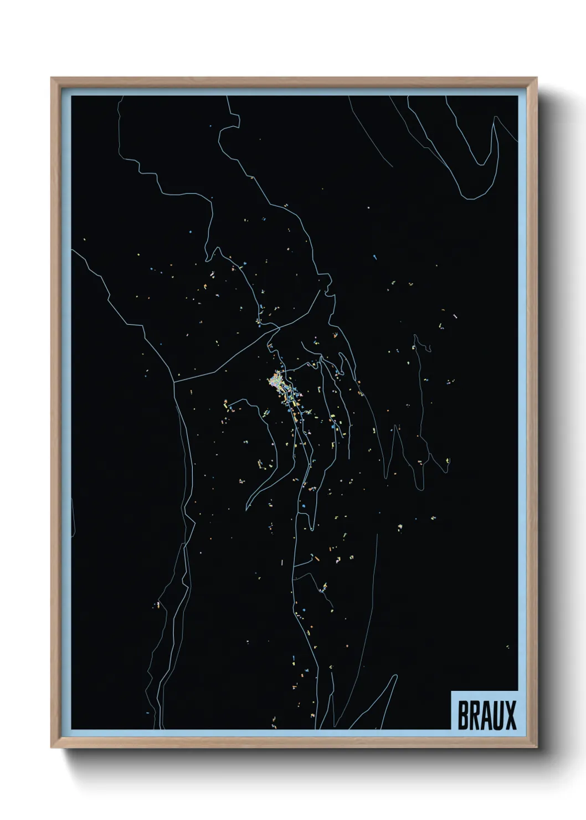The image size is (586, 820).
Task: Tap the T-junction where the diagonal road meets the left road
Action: (175, 381)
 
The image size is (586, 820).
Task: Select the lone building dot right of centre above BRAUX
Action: (507, 647)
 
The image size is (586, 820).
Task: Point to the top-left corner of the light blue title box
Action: (451, 691)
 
